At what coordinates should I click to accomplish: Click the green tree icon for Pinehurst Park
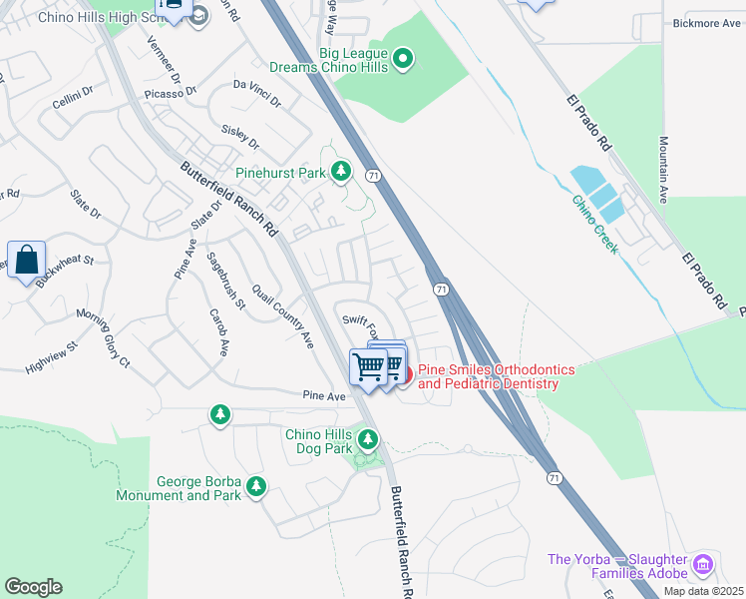(x=342, y=173)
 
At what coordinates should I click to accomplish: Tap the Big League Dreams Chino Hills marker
(x=403, y=61)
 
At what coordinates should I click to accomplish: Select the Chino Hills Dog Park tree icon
(x=368, y=438)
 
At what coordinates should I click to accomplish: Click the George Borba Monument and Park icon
(x=256, y=486)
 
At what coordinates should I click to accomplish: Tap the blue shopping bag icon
(x=27, y=262)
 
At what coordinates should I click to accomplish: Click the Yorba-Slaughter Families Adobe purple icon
(x=703, y=565)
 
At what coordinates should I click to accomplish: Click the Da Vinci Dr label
(x=257, y=94)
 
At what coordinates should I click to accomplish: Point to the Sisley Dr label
(x=240, y=130)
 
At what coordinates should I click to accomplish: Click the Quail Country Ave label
(x=282, y=312)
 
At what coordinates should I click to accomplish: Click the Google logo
(x=33, y=586)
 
